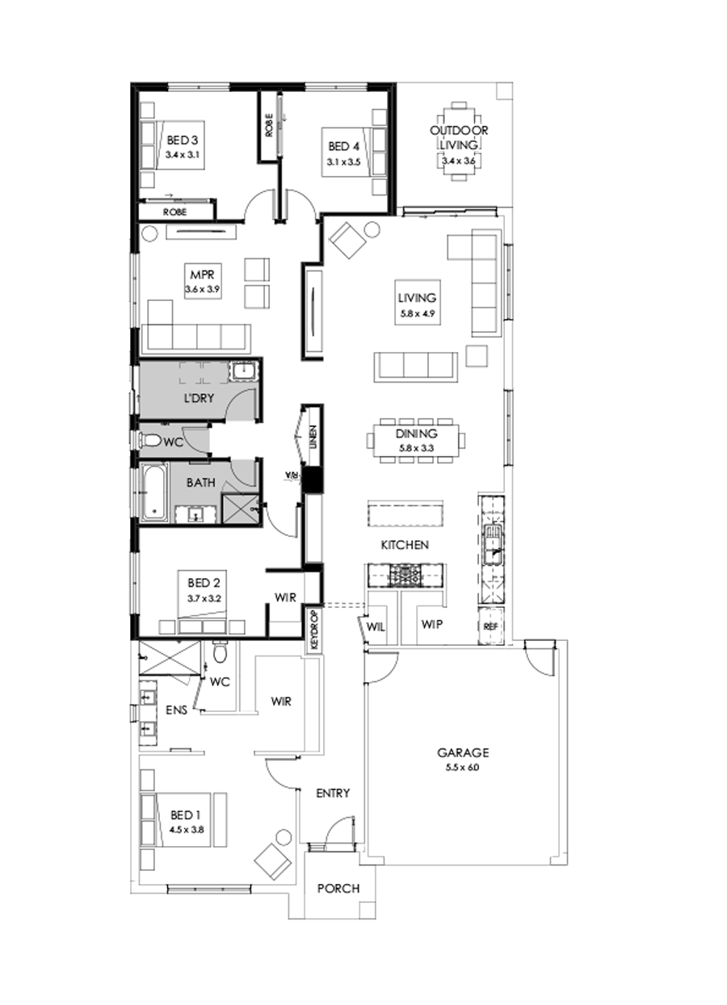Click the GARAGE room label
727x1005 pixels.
[x=464, y=752]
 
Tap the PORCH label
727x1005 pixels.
[x=338, y=888]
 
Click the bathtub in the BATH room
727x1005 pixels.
[x=155, y=492]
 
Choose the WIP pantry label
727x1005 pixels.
[x=431, y=625]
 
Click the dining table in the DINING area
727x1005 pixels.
[x=417, y=440]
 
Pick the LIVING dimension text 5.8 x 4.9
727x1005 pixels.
[x=417, y=312]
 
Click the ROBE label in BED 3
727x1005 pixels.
[x=175, y=211]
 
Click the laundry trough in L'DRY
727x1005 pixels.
[x=243, y=372]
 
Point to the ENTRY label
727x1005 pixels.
[x=333, y=794]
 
